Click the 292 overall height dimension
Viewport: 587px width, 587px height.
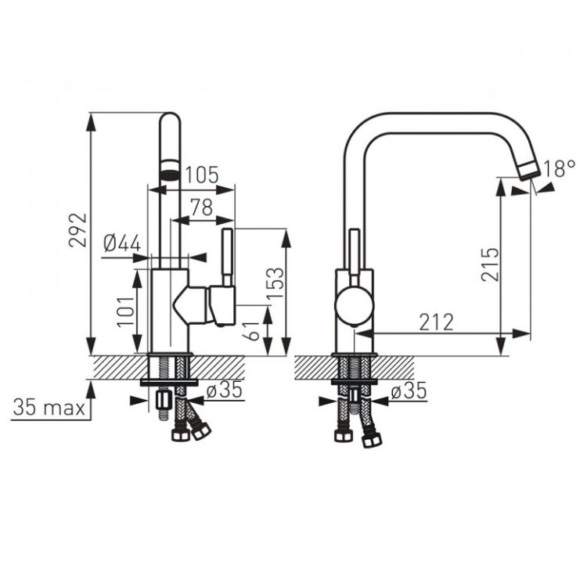pyautogui.click(x=77, y=230)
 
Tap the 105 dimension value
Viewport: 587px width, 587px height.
pyautogui.click(x=202, y=175)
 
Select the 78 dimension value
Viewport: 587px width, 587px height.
pyautogui.click(x=202, y=207)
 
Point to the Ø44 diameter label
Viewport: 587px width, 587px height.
pyautogui.click(x=122, y=243)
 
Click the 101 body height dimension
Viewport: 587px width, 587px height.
pyautogui.click(x=126, y=312)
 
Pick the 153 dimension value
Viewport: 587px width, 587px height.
pyautogui.click(x=276, y=283)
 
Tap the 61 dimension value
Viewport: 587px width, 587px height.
pyautogui.click(x=251, y=330)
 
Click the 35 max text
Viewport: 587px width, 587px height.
pyautogui.click(x=49, y=407)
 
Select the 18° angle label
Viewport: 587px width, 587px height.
pyautogui.click(x=559, y=168)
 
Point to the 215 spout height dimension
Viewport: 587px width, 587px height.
pyautogui.click(x=490, y=265)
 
